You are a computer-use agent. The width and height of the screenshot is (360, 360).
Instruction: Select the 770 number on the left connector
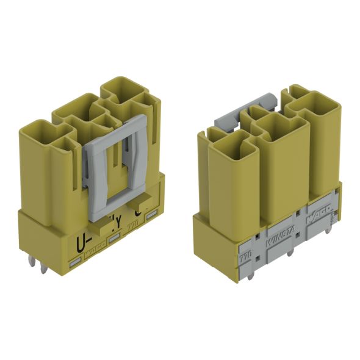pos(132,230)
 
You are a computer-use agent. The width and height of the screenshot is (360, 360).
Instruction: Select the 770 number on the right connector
pos(245,250)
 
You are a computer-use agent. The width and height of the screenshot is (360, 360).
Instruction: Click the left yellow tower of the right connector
pos(231,183)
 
